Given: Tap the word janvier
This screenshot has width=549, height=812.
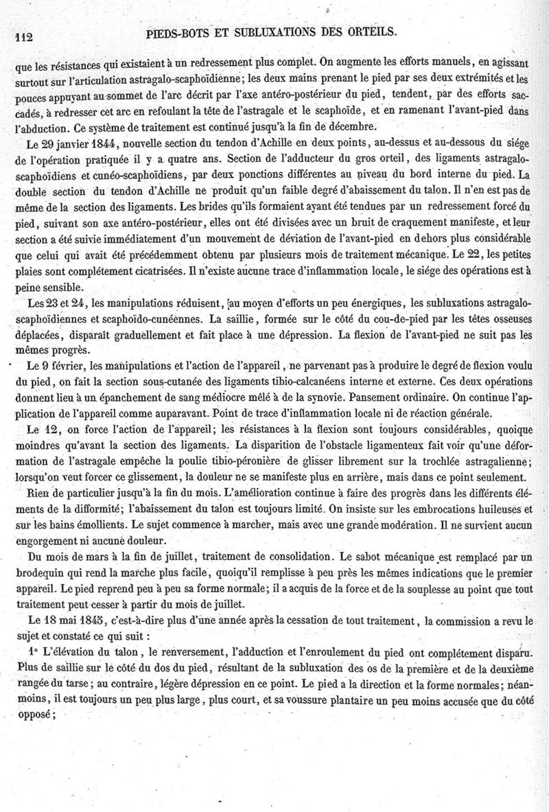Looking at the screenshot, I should [65, 142].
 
